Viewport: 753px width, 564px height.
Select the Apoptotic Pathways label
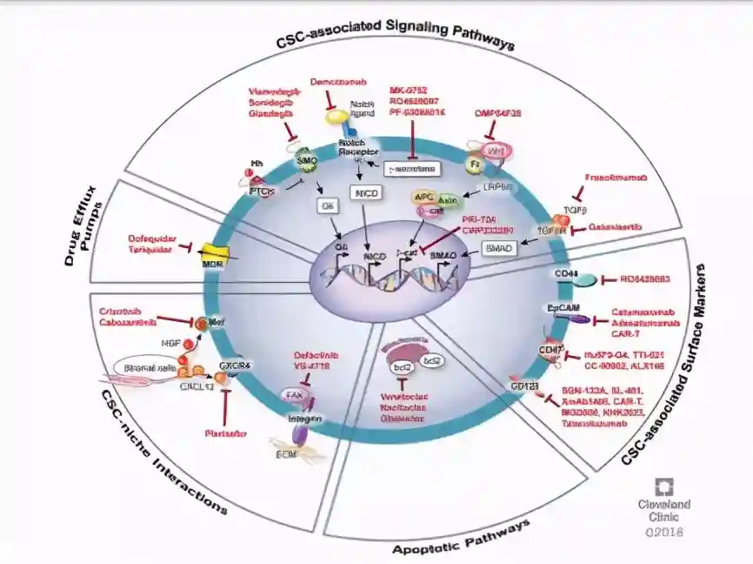coord(461,539)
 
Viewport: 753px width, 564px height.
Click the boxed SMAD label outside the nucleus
coord(500,248)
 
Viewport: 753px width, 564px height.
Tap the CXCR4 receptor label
coord(235,366)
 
